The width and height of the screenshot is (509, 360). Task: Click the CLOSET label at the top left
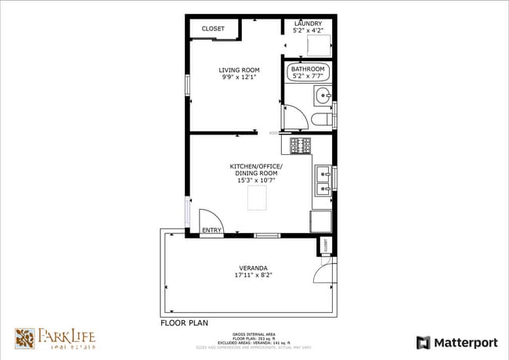point(213,29)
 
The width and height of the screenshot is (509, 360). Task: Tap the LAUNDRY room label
point(308,24)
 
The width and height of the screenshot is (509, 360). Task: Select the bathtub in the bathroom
point(308,74)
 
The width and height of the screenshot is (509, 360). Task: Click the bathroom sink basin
point(323,97)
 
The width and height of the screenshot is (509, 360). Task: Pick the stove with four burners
point(301,145)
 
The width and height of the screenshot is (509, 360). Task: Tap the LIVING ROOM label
point(239,70)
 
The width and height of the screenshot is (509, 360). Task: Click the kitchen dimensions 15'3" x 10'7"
point(256,180)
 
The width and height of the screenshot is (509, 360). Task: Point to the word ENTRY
point(211,230)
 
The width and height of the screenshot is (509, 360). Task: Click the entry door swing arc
point(210,218)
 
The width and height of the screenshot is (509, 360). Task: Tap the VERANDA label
point(250,267)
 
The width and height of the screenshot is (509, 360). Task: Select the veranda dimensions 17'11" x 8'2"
point(250,275)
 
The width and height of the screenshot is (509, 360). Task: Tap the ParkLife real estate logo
point(56,338)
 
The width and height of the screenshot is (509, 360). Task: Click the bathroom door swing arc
point(295,118)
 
